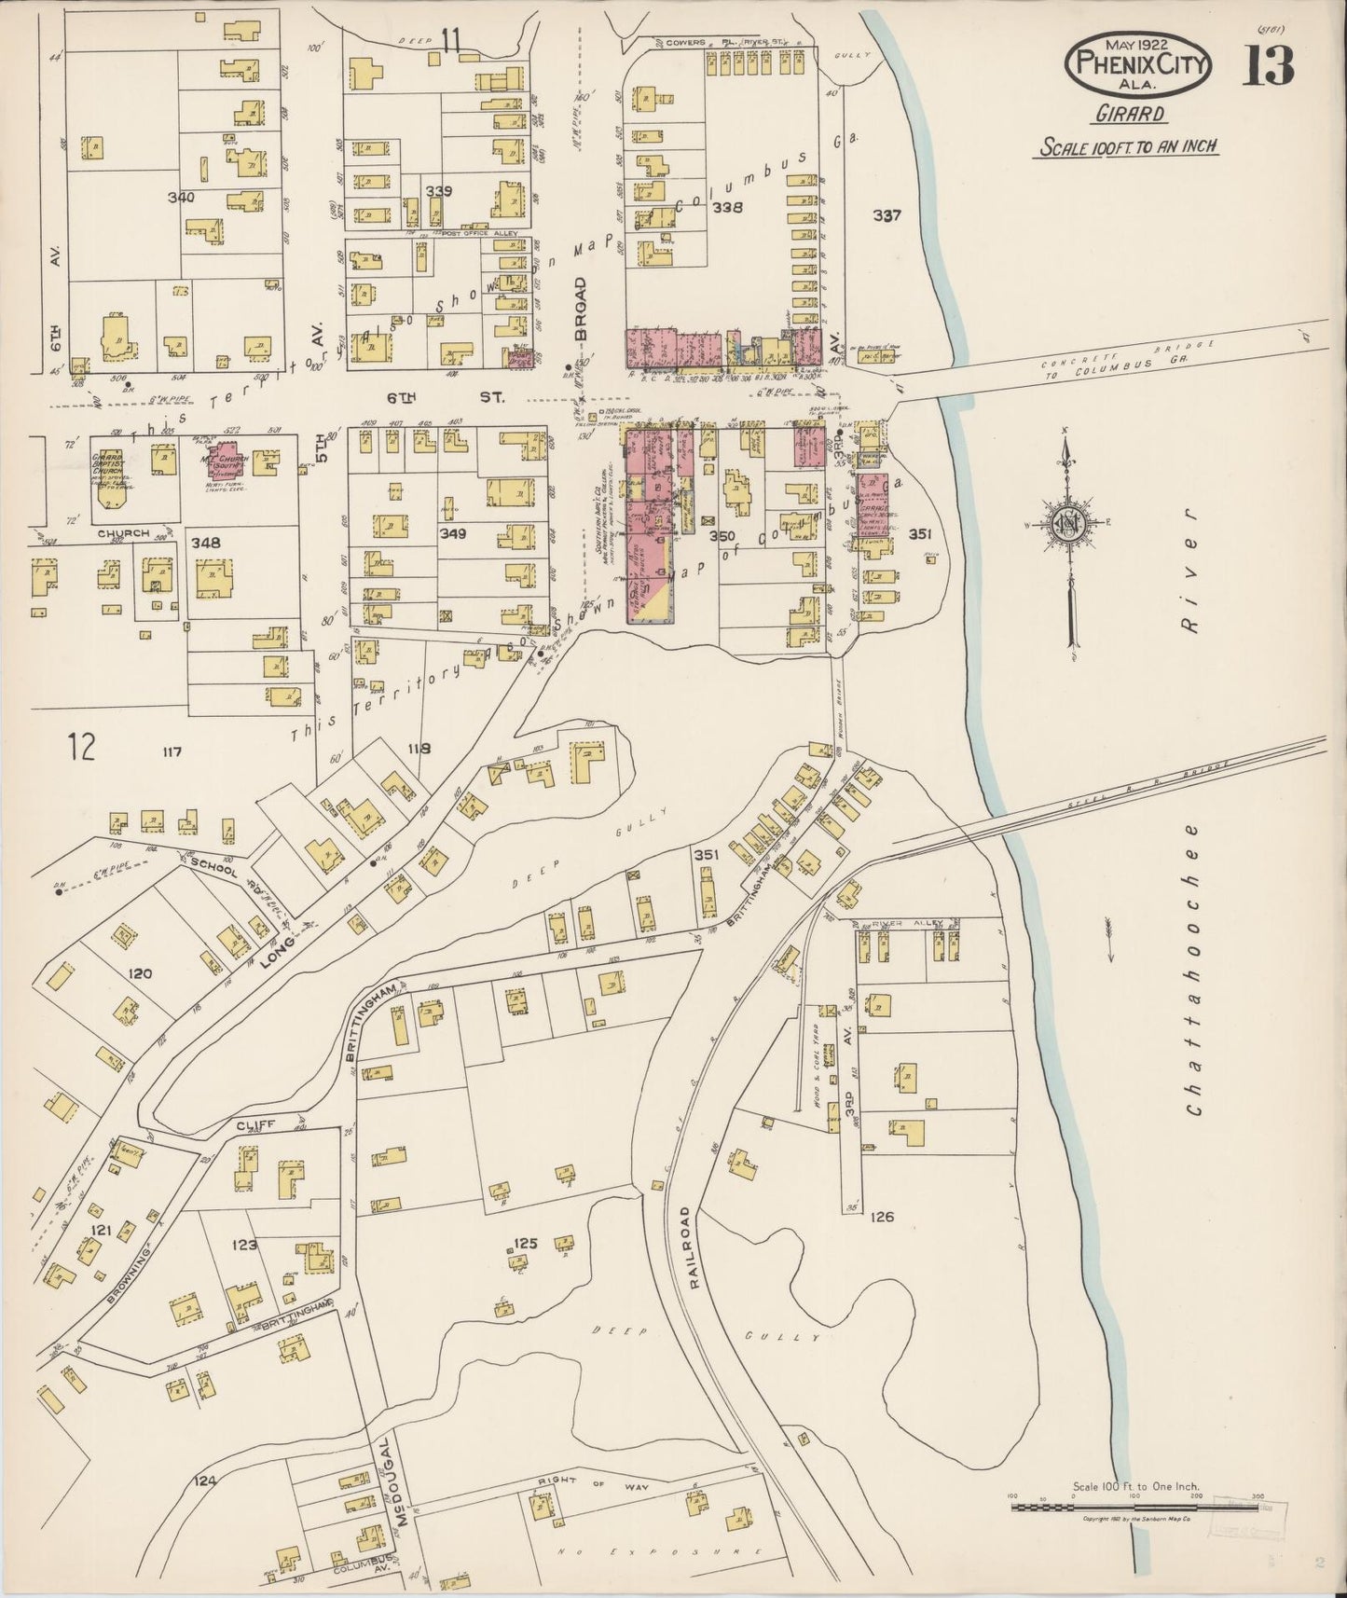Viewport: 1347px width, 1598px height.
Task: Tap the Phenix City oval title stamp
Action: (1140, 64)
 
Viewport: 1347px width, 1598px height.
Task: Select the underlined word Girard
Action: (1129, 115)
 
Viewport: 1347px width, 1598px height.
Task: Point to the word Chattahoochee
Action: (1195, 970)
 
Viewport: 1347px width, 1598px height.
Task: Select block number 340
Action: (181, 198)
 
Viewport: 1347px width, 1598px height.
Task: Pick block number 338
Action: (727, 207)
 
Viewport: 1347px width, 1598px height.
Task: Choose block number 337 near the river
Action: (887, 215)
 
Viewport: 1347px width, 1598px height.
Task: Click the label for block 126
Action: (882, 1217)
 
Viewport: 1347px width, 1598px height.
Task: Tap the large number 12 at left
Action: (82, 747)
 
